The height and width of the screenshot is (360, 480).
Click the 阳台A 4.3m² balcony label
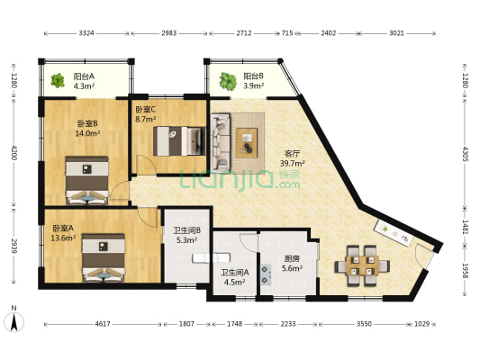pyautogui.click(x=84, y=82)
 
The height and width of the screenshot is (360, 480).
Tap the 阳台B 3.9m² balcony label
pyautogui.click(x=253, y=82)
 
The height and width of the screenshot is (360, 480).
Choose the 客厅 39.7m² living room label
pyautogui.click(x=293, y=158)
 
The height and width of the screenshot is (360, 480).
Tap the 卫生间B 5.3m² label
pyautogui.click(x=186, y=235)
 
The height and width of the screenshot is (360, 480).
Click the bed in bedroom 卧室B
pyautogui.click(x=86, y=181)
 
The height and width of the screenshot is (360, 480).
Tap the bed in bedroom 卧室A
pyautogui.click(x=104, y=256)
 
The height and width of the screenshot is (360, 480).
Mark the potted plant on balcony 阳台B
pyautogui.click(x=223, y=80)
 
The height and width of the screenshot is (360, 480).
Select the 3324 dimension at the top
pyautogui.click(x=86, y=33)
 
